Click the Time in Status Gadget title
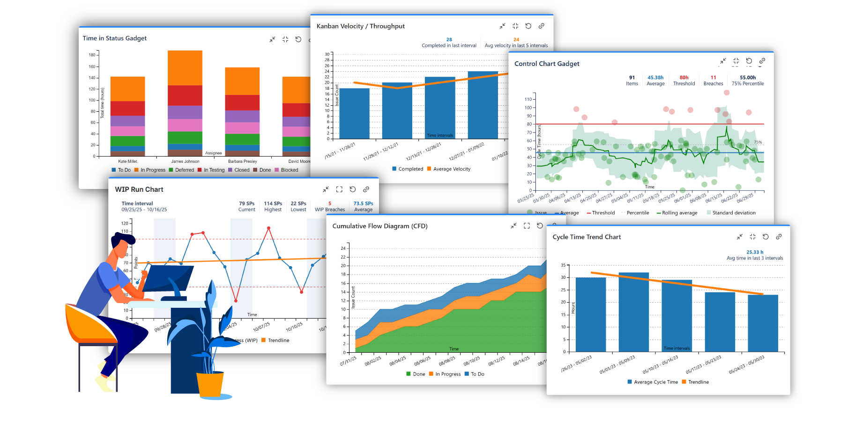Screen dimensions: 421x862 114,38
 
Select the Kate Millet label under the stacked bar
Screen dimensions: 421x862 127,161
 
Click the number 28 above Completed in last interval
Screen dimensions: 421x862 449,40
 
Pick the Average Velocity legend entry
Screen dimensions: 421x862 451,169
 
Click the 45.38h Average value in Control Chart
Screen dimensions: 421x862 655,78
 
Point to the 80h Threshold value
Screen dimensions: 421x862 684,78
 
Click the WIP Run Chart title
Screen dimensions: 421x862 139,189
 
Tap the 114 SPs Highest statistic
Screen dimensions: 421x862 273,203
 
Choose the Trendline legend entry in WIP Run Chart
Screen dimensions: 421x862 278,341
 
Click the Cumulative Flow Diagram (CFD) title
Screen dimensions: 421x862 379,226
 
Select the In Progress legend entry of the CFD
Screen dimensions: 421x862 447,374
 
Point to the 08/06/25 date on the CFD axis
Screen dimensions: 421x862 422,362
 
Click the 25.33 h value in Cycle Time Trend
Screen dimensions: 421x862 755,252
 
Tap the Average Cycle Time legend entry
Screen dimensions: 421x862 655,382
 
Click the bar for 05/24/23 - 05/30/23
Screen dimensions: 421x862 763,323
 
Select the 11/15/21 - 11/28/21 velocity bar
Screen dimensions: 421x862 354,113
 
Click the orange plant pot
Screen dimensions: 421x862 210,384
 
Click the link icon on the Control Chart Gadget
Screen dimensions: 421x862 762,61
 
